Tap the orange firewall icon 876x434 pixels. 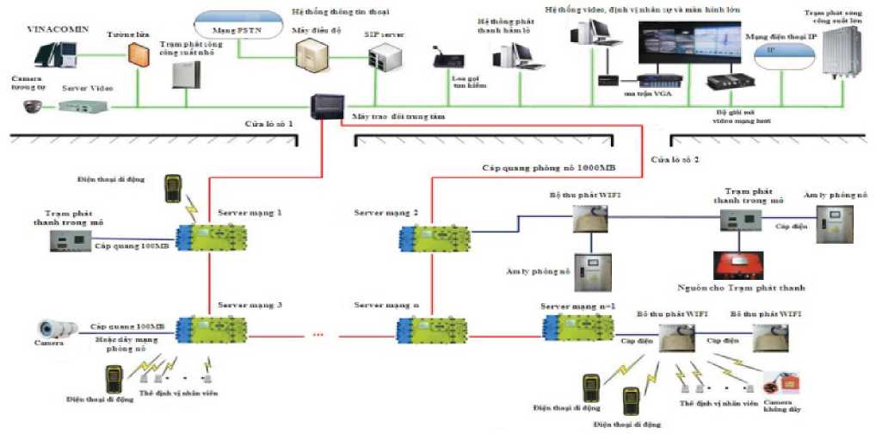click(x=139, y=53)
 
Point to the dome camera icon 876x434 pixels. click(x=33, y=108)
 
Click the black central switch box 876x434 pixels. click(x=327, y=108)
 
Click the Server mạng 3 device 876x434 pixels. click(x=211, y=329)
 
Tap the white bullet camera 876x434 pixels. click(x=59, y=328)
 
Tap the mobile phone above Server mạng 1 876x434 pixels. click(x=175, y=187)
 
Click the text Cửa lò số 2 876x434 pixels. click(x=676, y=160)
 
